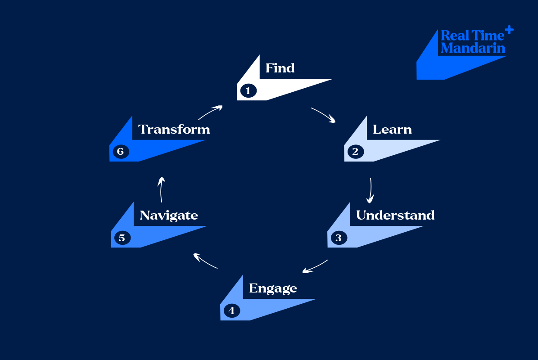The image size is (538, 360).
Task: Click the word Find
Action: coord(280,68)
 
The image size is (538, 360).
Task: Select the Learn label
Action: coord(392,130)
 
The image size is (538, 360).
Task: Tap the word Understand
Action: coord(395,215)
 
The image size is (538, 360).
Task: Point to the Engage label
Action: coord(273,288)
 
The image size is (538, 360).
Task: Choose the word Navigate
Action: coord(169,216)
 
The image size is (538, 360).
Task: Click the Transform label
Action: coord(174,130)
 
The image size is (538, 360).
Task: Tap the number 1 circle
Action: coord(248,91)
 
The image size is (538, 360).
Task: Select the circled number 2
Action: coord(355,152)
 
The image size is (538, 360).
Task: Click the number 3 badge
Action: coord(339,238)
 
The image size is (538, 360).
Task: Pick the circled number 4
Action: coord(231,310)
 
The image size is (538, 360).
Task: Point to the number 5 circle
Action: coord(122,238)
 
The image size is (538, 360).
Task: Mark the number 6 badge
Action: coord(121,152)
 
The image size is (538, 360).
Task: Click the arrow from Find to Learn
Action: coord(324,115)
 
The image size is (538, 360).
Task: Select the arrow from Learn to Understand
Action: coord(371,190)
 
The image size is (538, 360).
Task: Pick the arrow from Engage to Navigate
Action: coord(205,261)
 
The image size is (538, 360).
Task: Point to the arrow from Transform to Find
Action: coord(210,112)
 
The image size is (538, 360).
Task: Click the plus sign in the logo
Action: coord(509,30)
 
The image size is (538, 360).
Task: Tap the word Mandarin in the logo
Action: coord(473,48)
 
